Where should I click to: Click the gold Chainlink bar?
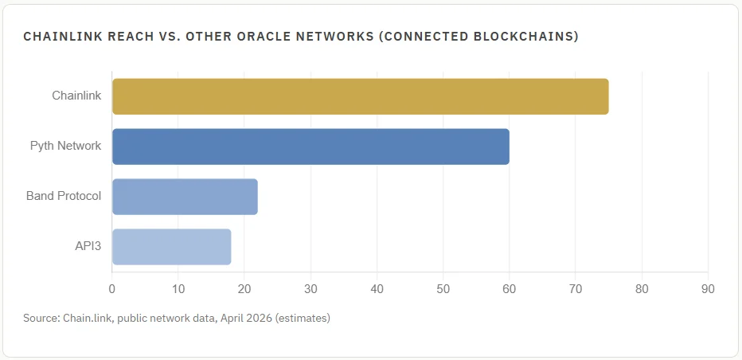360,96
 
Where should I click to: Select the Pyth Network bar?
310,147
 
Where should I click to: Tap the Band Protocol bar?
185,197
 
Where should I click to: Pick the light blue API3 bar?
171,247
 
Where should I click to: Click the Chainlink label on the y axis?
76,96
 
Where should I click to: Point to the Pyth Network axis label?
65,147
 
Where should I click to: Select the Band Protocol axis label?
64,197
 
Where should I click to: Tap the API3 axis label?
88,247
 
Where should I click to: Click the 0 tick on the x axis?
112,288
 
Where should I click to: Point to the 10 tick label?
178,288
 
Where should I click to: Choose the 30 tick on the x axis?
310,288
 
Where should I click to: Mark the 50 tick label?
443,288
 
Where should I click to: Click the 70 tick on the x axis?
576,288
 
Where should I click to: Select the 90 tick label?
708,288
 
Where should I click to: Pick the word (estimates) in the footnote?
300,318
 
